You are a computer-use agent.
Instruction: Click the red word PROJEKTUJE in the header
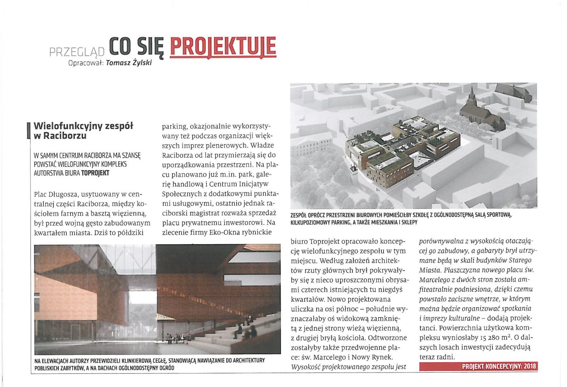click(223, 47)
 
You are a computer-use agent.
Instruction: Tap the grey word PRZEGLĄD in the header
click(77, 52)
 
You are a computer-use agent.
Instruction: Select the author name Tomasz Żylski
click(129, 63)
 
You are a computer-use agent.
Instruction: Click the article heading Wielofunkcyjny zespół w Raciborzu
click(83, 131)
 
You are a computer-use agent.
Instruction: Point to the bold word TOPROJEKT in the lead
click(95, 173)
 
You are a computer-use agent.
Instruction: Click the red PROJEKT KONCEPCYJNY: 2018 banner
click(478, 366)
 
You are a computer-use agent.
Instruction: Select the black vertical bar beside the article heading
click(28, 131)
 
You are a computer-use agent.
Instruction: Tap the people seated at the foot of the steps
click(177, 338)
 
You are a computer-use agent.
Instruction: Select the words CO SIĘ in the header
click(136, 47)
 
